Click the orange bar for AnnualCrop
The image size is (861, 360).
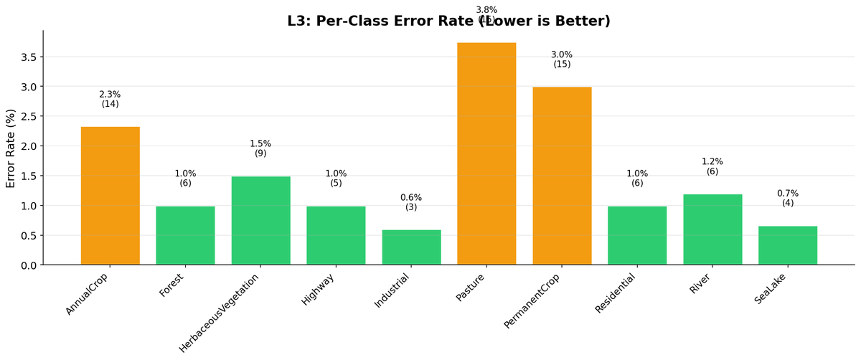[x=110, y=196]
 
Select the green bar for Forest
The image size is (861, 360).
[x=185, y=235]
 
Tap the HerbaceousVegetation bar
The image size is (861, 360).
[x=260, y=221]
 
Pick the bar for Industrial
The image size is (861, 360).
[x=411, y=247]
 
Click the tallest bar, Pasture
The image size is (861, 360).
[x=486, y=153]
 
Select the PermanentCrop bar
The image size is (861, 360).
[x=562, y=176]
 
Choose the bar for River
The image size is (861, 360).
[x=712, y=229]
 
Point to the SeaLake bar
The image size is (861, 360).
[x=788, y=245]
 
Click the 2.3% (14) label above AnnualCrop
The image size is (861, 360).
[x=110, y=99]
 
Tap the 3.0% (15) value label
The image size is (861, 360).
[x=562, y=60]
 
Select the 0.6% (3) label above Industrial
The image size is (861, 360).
[x=411, y=202]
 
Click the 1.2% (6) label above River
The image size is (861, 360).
[x=712, y=166]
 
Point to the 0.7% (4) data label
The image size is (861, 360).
[x=788, y=198]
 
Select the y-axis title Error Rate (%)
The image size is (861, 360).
[x=11, y=148]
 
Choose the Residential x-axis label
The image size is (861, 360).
[x=615, y=293]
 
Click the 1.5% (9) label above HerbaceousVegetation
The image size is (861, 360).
[x=260, y=148]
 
